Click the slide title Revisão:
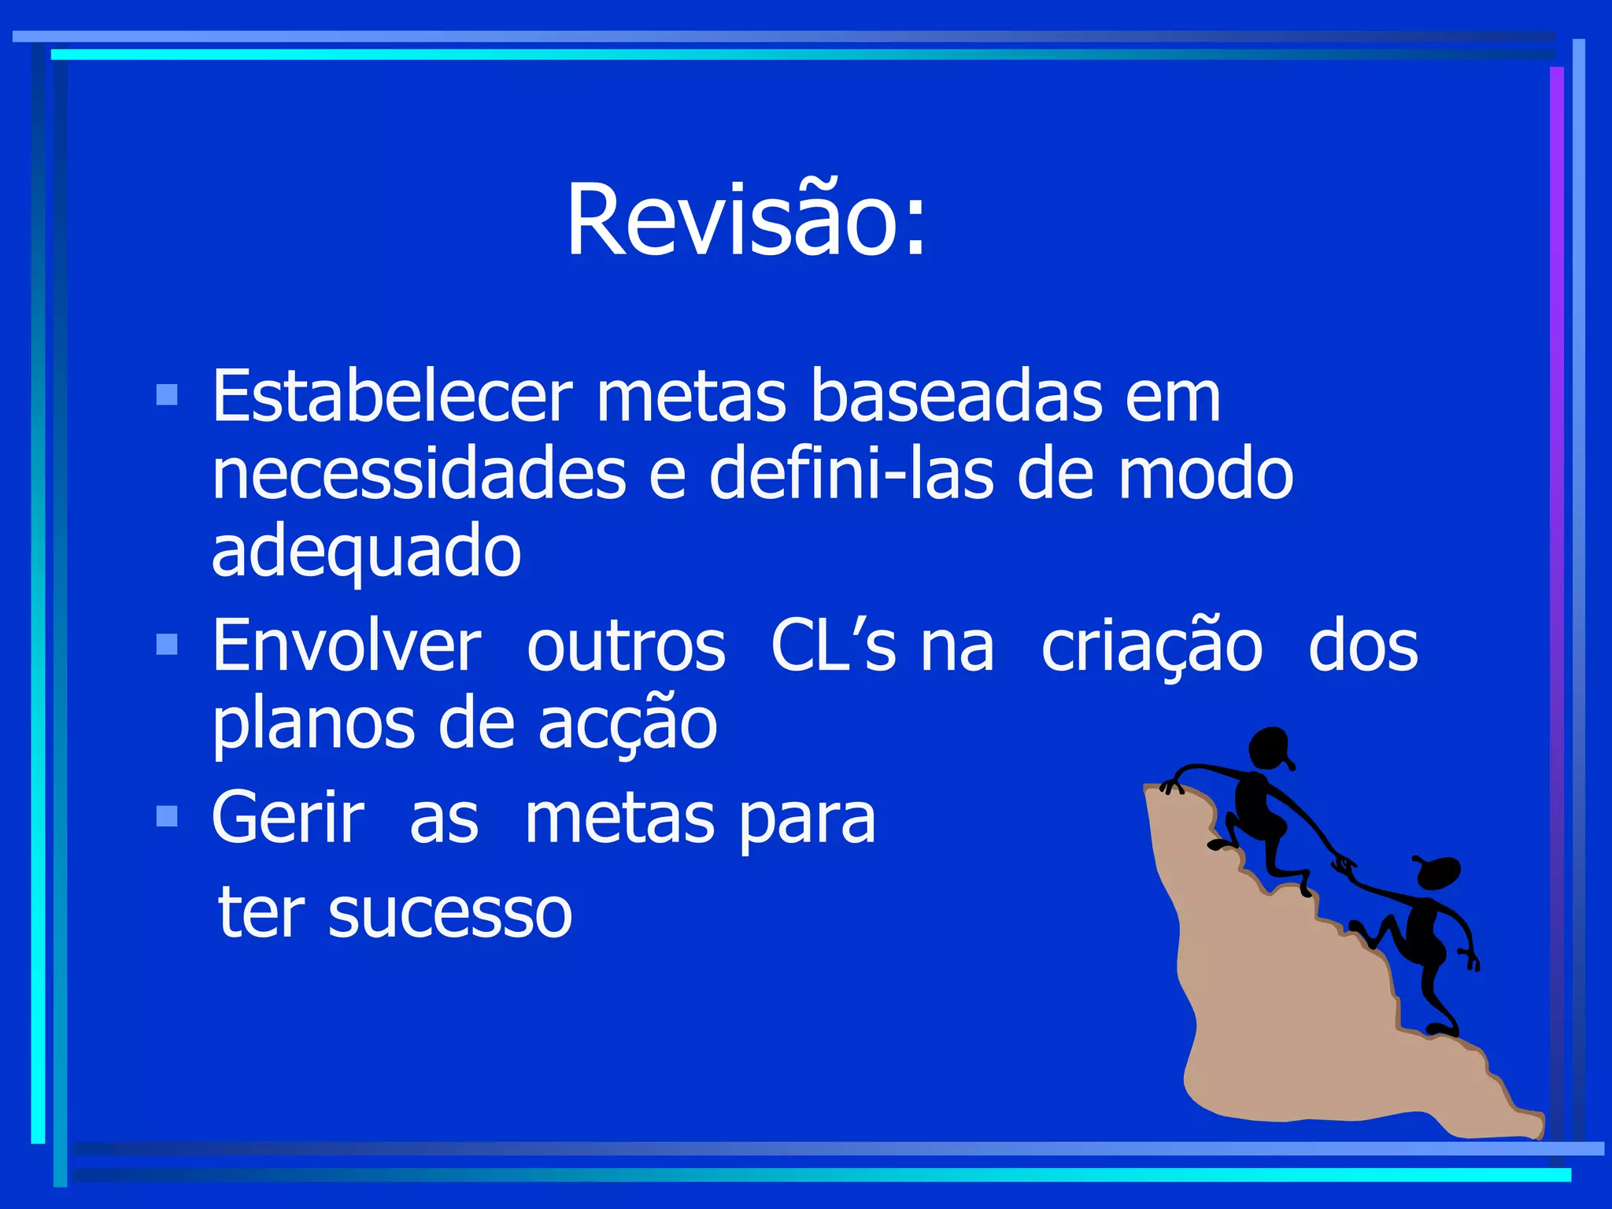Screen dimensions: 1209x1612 [746, 220]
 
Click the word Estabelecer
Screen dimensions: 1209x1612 [392, 396]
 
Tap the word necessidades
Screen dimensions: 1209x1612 [419, 475]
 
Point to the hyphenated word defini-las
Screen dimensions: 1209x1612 [852, 475]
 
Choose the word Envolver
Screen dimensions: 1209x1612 [346, 647]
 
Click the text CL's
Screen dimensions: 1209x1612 [833, 647]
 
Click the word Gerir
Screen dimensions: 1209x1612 [288, 819]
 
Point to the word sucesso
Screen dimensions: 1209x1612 [449, 913]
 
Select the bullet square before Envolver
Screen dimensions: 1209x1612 [167, 645]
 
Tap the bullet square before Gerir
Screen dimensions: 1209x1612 [167, 816]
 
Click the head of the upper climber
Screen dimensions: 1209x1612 [1269, 748]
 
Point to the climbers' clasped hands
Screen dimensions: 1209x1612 [1343, 864]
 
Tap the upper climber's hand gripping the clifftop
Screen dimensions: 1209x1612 [1172, 786]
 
